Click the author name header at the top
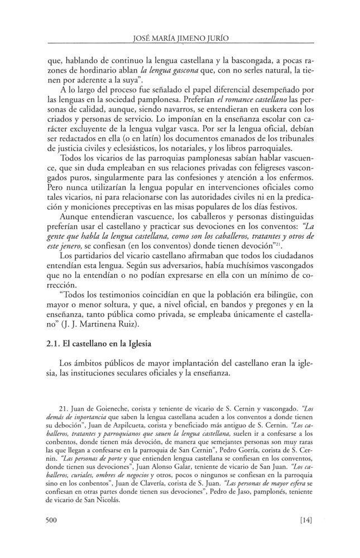pyautogui.click(x=179, y=40)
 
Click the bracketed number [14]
pyautogui.click(x=305, y=520)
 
